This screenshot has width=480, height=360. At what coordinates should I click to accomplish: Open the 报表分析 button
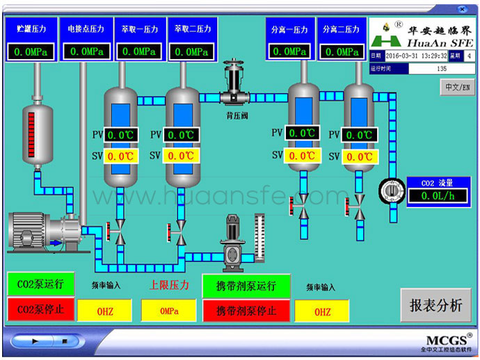(435, 305)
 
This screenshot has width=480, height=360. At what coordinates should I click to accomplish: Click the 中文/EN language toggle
(457, 87)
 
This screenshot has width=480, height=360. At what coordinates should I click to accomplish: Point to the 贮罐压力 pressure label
(31, 29)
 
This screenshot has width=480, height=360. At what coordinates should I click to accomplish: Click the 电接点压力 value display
(86, 51)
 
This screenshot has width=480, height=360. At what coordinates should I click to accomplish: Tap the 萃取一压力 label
(139, 29)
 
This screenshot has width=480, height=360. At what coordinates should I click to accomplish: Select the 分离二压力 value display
(341, 51)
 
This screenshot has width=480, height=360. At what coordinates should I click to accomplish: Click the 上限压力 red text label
(169, 285)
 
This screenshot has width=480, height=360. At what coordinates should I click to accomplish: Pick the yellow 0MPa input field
(169, 311)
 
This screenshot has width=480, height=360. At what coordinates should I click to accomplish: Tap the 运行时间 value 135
(441, 69)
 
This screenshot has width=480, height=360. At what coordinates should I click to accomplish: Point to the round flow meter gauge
(391, 190)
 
